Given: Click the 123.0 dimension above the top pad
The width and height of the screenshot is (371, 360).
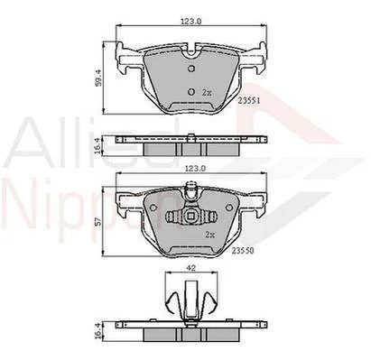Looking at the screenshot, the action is pos(190,21).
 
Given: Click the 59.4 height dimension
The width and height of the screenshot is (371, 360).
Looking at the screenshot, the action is pos(98,78).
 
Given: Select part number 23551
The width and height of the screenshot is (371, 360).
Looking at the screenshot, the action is pos(249,101).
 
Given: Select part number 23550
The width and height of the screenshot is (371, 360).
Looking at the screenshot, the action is pos(243,250).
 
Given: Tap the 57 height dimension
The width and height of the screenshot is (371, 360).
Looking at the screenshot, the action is pos(99,222).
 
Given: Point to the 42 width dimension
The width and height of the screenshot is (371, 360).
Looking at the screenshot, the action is pos(191,268).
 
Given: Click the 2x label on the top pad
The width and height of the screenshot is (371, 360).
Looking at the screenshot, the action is pos(207,93).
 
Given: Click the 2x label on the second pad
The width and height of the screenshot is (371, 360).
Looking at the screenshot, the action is pos(209,235).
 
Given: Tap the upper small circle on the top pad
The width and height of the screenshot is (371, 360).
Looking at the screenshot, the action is pos(191,69).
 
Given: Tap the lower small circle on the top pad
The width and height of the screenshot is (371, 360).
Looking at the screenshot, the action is pos(191,91).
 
